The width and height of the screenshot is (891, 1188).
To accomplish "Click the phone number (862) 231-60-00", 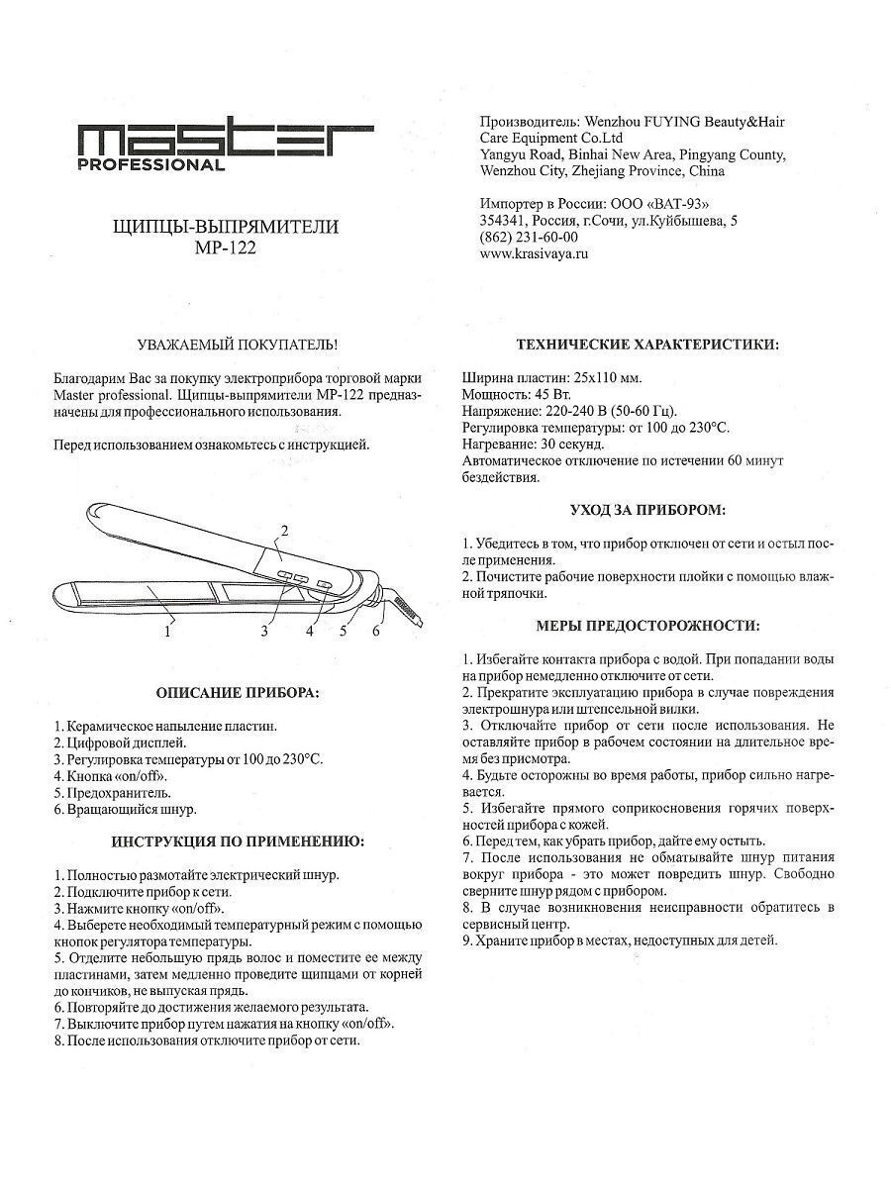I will [529, 238].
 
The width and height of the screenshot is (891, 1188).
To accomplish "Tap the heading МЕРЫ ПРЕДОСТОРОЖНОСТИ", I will [647, 626].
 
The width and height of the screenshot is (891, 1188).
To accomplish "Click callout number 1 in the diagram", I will [169, 628].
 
